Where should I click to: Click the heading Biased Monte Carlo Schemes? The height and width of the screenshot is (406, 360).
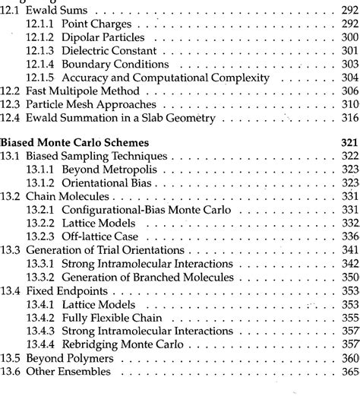point(75,141)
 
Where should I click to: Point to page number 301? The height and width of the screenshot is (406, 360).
point(349,51)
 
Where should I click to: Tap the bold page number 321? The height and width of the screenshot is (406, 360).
point(349,141)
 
